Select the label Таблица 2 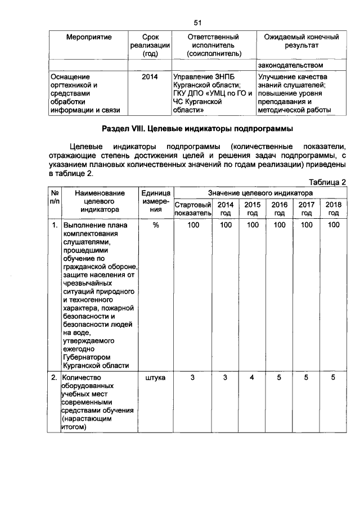coord(327,182)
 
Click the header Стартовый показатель coord(193,209)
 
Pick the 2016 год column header coord(279,209)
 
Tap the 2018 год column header coord(334,209)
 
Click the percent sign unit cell coord(156,225)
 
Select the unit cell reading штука coord(156,379)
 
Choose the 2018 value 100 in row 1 coord(334,225)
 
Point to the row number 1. coord(55,225)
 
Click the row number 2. coord(55,379)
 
